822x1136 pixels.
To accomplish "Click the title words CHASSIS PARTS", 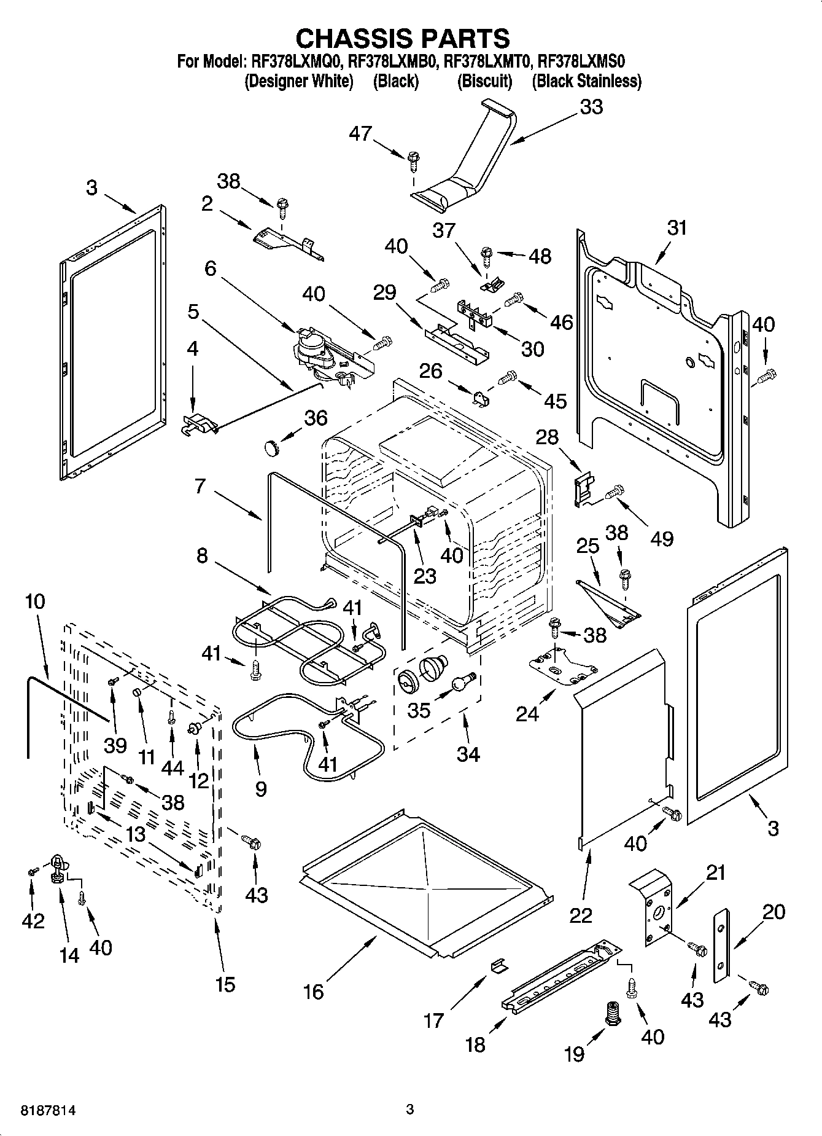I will (x=403, y=38).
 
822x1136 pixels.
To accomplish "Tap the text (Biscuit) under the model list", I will (x=484, y=81).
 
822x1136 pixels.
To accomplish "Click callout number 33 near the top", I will (x=591, y=107).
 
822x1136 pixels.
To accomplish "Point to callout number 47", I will (x=360, y=133).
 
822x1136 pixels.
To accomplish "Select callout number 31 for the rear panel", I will (x=677, y=228).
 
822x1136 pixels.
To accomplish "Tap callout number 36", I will (x=316, y=418).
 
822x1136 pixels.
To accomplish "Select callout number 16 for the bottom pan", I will (x=314, y=992).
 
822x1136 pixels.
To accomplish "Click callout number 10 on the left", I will (x=35, y=601).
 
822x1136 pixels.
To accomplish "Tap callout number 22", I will (x=580, y=915).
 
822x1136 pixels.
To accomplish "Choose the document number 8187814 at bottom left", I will (x=41, y=1110).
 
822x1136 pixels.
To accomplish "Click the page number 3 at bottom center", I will (x=410, y=1110).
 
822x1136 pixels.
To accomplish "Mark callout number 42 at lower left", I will (x=33, y=920).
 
